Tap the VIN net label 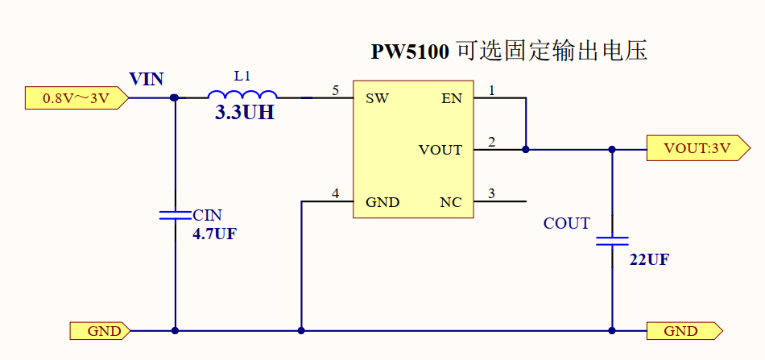[147, 79]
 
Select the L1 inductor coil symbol [242, 93]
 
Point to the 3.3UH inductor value [245, 114]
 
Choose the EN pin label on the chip [452, 99]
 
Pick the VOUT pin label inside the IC [440, 150]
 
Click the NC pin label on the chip [451, 201]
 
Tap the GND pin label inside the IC [382, 201]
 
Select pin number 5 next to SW [335, 90]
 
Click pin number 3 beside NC [492, 192]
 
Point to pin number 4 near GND [335, 192]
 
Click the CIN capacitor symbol [175, 215]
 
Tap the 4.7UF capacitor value [214, 234]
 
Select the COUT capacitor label [567, 223]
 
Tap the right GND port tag [683, 331]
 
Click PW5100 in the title [410, 52]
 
